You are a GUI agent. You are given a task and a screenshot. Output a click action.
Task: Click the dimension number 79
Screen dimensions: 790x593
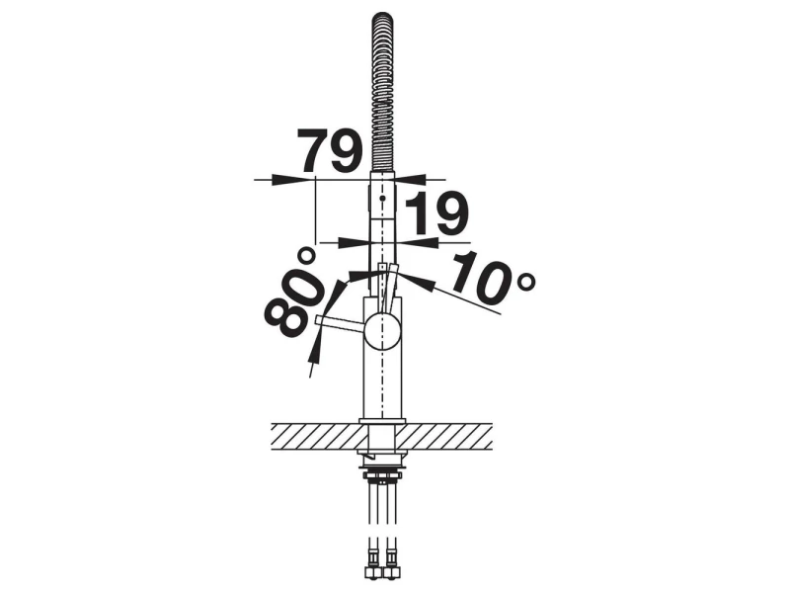click(x=330, y=150)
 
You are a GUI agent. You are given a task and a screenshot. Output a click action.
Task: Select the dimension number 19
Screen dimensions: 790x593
click(x=436, y=213)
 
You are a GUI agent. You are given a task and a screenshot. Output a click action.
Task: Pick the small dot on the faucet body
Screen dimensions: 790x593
click(x=382, y=199)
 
